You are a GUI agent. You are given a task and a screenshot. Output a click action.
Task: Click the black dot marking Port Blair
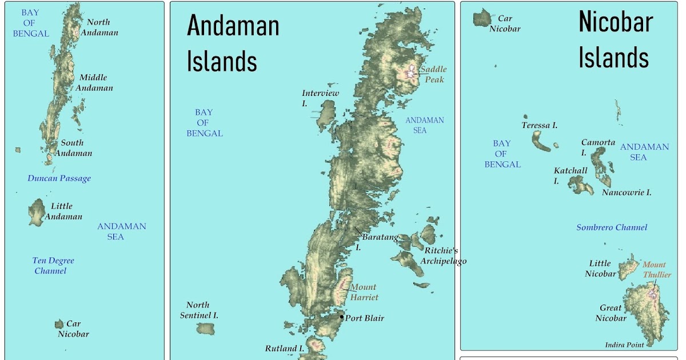pos(342,317)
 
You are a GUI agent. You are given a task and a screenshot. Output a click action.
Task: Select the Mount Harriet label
pos(364,292)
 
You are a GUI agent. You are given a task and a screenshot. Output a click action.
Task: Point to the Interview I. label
pos(320,98)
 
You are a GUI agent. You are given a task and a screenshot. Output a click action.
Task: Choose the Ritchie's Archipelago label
pos(443,256)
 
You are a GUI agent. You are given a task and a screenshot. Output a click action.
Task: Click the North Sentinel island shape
pos(205,329)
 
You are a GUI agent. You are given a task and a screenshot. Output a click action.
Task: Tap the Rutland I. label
pos(284,348)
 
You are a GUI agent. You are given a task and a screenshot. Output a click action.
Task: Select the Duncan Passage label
pos(59,178)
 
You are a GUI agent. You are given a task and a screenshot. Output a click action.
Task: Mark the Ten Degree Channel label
pos(53,266)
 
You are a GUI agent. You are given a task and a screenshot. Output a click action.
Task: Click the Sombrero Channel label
pos(612,227)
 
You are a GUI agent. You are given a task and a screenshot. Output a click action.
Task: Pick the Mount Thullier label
pos(656,270)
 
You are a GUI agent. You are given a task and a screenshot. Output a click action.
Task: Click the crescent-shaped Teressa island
pos(540,141)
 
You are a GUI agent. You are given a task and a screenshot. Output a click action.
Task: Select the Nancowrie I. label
pos(627,193)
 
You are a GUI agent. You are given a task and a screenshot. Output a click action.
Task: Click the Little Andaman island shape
pos(37,212)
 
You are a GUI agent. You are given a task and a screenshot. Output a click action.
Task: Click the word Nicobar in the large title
pos(615,22)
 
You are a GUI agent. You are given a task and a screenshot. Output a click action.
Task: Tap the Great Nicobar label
pos(611,313)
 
